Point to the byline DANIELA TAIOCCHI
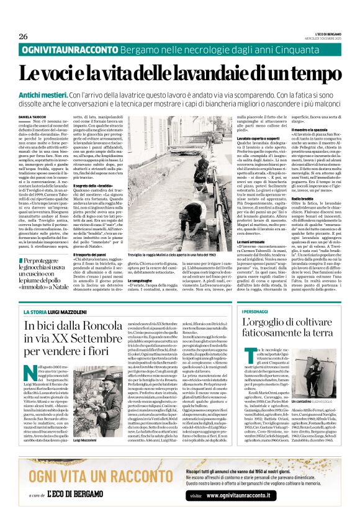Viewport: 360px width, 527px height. [33, 116]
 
